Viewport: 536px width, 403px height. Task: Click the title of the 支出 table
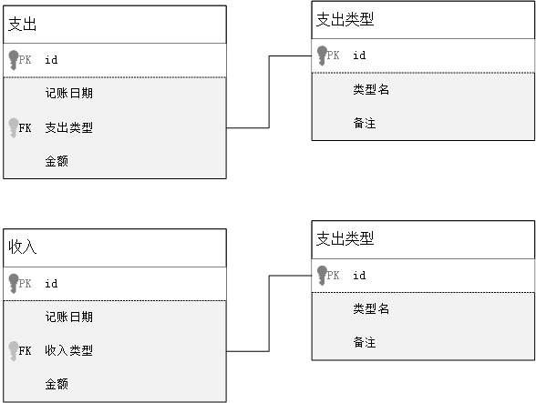pos(22,25)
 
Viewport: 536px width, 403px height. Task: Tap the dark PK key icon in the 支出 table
pos(14,60)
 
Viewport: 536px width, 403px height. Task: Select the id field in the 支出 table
pos(51,60)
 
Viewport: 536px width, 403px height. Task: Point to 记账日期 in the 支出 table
pos(68,93)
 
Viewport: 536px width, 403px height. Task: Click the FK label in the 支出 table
pos(25,128)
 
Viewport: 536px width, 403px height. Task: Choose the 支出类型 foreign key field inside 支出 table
pos(68,127)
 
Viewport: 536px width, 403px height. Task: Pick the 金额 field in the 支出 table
pos(57,161)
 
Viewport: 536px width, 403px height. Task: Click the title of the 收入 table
pos(22,247)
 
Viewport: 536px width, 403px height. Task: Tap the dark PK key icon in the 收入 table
pos(14,283)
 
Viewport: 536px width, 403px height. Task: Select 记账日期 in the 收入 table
pos(68,317)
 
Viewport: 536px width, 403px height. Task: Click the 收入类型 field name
pos(68,350)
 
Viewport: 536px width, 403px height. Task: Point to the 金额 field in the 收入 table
pos(57,384)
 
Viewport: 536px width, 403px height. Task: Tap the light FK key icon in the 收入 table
pos(14,351)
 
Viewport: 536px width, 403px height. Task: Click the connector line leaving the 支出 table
pos(269,92)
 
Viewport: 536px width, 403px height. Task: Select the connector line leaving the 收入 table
pos(269,313)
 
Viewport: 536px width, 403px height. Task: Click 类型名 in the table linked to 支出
pos(371,89)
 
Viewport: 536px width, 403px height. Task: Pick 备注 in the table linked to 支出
pos(365,123)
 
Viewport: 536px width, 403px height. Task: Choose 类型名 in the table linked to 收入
pos(371,308)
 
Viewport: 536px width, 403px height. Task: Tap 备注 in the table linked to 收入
pos(365,342)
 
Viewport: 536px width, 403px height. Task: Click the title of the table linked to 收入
pos(345,238)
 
